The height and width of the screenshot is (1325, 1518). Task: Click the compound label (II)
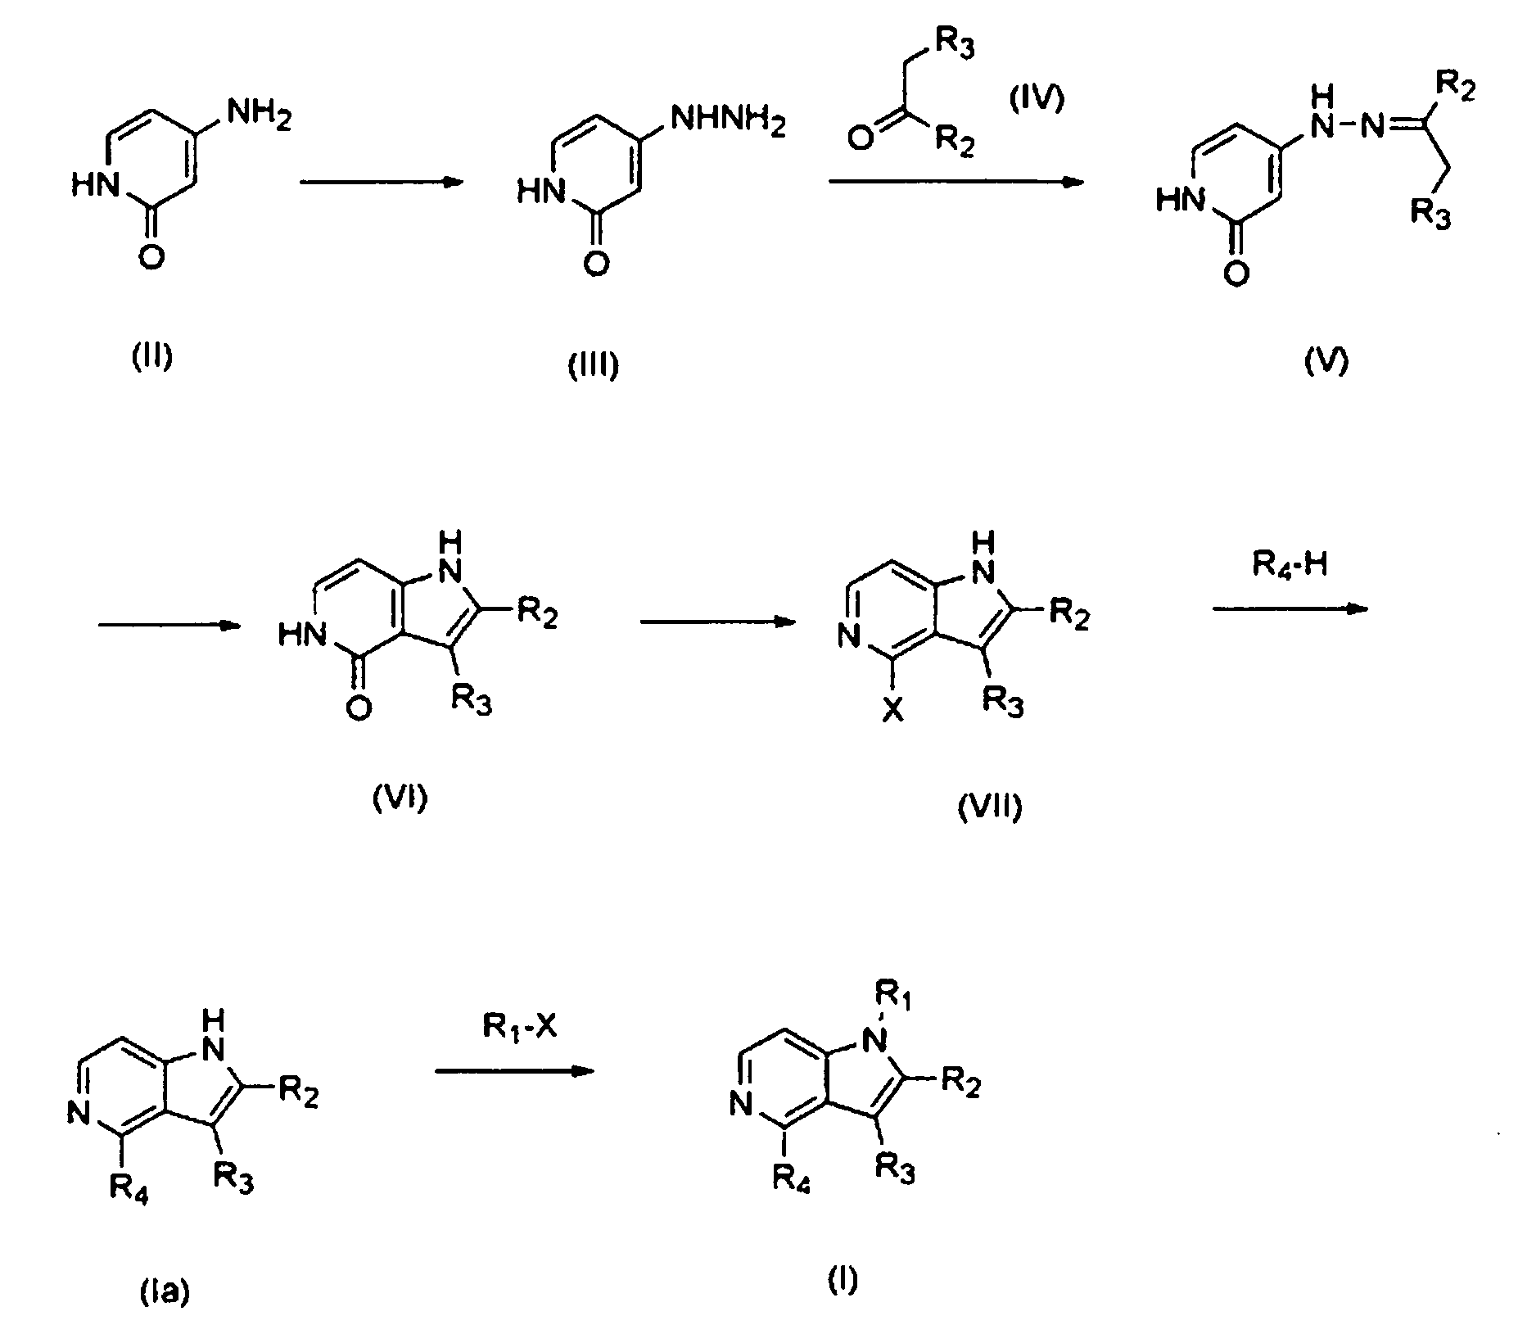[x=153, y=358]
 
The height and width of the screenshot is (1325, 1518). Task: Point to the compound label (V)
[x=1326, y=360]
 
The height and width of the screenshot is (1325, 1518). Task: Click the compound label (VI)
[x=400, y=796]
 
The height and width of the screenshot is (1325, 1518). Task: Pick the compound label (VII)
[x=990, y=807]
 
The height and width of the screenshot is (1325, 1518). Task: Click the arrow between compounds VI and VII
[x=719, y=622]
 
